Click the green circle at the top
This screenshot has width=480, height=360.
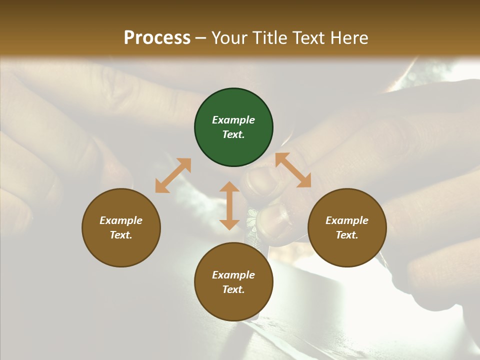pos(233,127)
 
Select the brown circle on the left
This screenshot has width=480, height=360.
pos(121,227)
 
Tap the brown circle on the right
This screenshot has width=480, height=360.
pos(347,227)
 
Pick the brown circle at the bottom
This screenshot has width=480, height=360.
pos(233,282)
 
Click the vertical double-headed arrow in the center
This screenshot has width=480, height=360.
pos(229,205)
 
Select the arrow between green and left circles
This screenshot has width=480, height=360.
pos(173,175)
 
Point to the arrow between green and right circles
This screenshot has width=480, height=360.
pos(293,170)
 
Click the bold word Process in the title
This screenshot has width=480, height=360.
pos(157,37)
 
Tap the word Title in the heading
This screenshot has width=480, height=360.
pos(270,37)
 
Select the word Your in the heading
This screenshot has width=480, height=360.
pos(229,37)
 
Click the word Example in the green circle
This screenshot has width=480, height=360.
pos(233,120)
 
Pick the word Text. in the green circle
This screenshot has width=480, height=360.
pos(233,134)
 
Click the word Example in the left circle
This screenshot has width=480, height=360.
pos(121,220)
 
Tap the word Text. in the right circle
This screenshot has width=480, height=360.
pos(347,235)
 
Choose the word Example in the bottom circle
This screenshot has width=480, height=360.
pos(233,275)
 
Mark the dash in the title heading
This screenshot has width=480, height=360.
pos(201,38)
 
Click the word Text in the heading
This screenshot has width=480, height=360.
pos(308,37)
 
